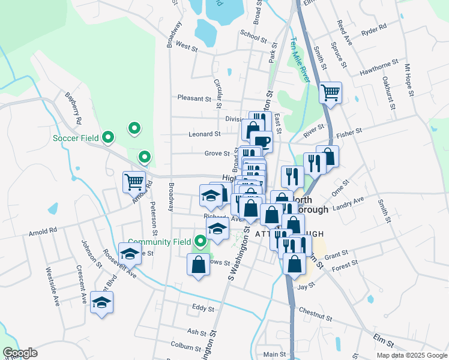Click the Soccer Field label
click(76, 138)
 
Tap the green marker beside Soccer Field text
click(108, 138)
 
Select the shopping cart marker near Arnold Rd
click(134, 181)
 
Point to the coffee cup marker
click(262, 142)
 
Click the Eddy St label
click(203, 309)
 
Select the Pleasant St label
click(194, 98)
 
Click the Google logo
click(20, 353)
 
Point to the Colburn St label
click(185, 346)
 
